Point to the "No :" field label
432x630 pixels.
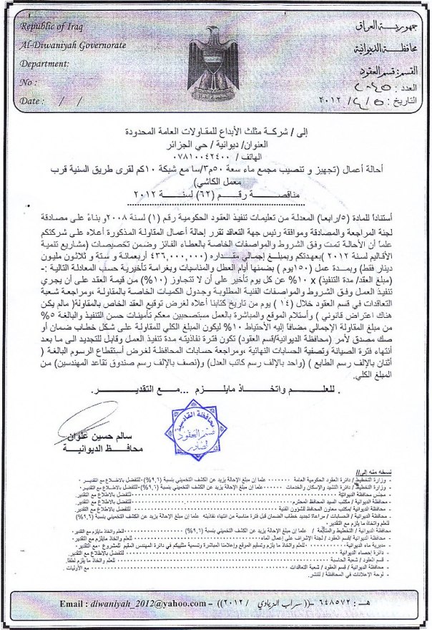coord(29,82)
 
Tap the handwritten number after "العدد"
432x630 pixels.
coord(367,83)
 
